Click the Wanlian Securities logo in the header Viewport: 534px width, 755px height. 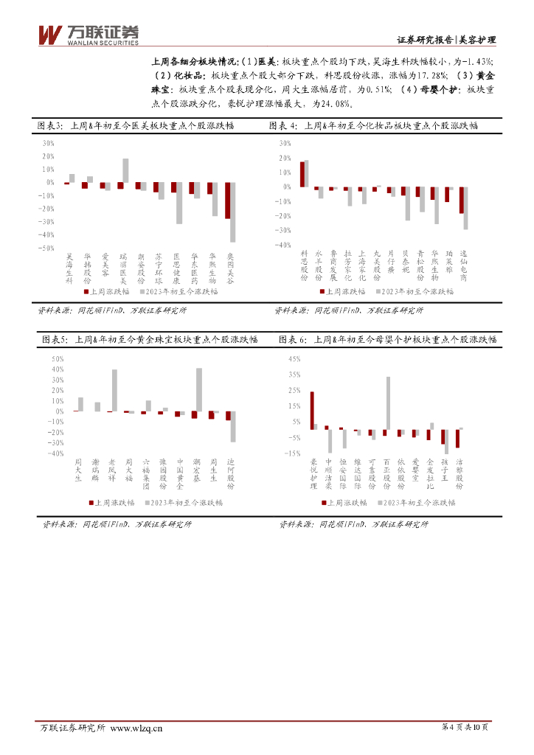tap(88, 33)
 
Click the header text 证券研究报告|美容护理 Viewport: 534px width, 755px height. tap(445, 40)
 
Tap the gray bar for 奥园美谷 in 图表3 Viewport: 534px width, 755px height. tap(233, 212)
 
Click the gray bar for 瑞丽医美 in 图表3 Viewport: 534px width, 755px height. tap(125, 170)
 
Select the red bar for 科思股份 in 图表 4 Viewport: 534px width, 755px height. tap(302, 174)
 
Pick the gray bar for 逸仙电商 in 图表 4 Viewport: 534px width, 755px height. tap(465, 208)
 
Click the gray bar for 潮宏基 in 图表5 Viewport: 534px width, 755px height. tap(199, 389)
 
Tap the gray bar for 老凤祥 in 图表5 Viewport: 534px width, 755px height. tap(114, 390)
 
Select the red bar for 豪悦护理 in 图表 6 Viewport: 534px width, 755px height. tap(312, 410)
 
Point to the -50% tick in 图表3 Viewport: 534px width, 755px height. tap(46, 248)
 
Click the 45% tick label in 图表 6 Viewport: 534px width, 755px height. tap(294, 359)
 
